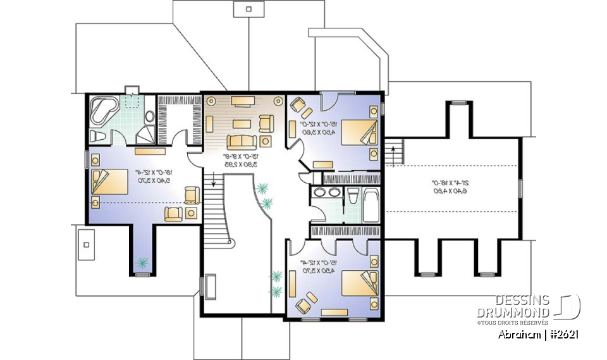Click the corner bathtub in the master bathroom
(102, 109)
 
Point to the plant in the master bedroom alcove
(142, 260)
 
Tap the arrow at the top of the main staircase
(214, 183)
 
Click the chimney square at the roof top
(248, 9)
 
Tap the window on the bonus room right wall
(520, 188)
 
